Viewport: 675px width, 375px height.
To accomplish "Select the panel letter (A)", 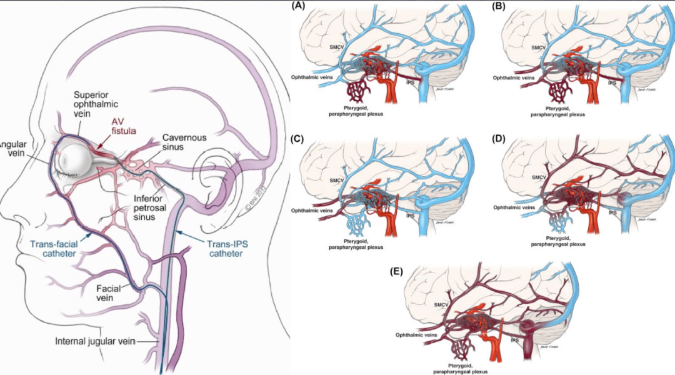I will [x=298, y=7].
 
